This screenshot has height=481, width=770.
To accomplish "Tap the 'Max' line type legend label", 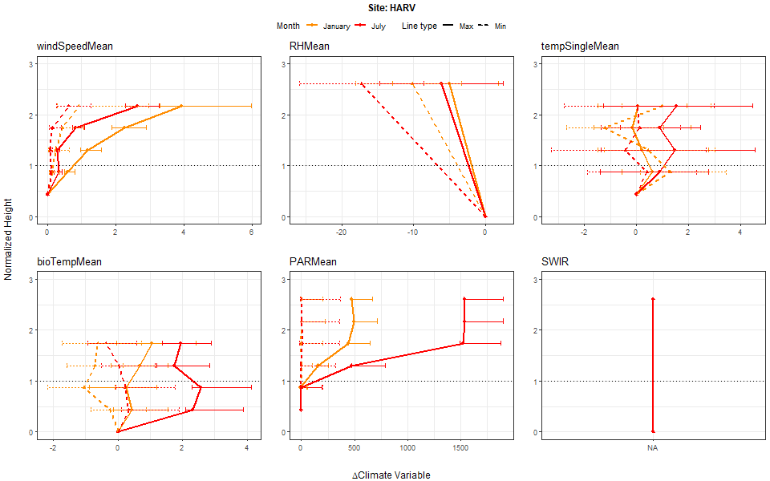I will tap(466, 26).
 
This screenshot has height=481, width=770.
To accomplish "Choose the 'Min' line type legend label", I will tap(500, 26).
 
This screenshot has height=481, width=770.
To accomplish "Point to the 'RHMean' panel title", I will tap(309, 46).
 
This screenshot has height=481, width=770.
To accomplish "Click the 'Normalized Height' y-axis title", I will tap(9, 240).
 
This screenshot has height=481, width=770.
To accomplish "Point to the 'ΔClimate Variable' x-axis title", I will tap(391, 475).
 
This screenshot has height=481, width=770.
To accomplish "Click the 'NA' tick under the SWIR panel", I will tap(653, 447).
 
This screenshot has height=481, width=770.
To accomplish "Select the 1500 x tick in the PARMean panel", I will tap(462, 447).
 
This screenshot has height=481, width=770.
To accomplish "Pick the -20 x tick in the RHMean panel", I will tap(342, 232).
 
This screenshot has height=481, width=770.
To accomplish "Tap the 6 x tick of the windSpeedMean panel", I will tap(252, 232).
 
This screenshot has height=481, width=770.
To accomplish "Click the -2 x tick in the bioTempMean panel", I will tap(53, 447).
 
